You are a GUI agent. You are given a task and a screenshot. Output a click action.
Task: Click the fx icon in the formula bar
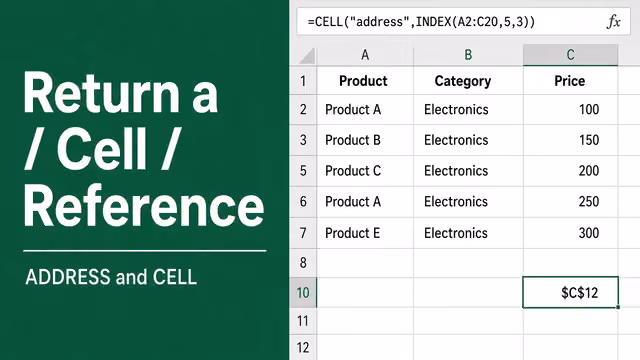[x=613, y=22]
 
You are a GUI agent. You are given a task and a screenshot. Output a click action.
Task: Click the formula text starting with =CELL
[x=421, y=22]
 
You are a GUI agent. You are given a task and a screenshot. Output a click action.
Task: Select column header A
[x=365, y=55]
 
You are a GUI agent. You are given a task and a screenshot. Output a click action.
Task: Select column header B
[x=468, y=55]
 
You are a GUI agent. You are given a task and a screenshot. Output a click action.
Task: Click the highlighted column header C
[x=571, y=55]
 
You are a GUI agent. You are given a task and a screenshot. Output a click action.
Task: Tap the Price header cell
[x=570, y=81]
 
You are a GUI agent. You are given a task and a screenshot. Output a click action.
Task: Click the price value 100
[x=589, y=109]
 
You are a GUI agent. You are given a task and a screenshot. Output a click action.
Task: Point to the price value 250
[x=589, y=201]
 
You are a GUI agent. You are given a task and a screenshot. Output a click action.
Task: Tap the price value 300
[x=589, y=233]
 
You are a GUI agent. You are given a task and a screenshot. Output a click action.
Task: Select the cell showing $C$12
[x=571, y=292]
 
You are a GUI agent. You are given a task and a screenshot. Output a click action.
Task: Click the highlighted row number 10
[x=303, y=293]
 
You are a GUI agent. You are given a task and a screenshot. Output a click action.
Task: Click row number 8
[x=303, y=262]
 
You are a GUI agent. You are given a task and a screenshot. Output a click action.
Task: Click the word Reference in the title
[x=144, y=206]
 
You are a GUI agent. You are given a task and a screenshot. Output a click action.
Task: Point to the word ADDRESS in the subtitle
[x=68, y=277]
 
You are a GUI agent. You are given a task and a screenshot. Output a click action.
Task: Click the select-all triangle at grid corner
[x=308, y=57]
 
